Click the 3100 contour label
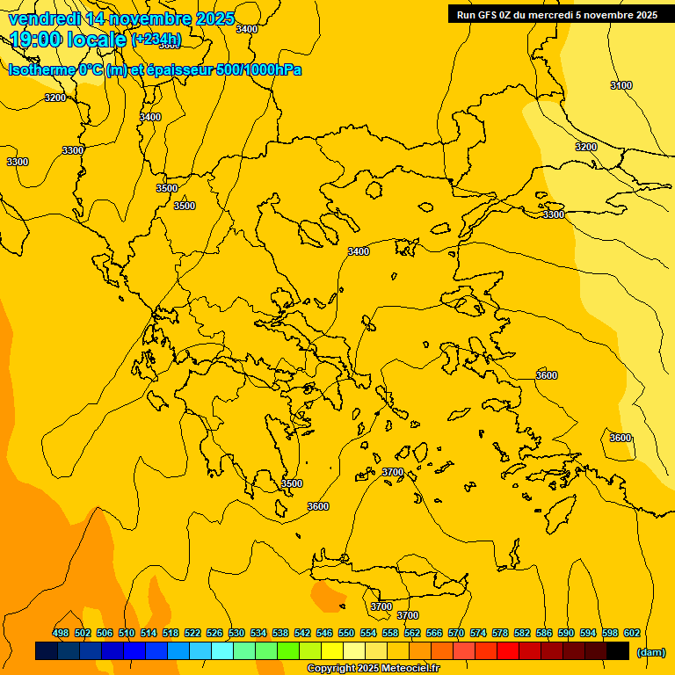tap(621, 85)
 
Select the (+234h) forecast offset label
tap(156, 39)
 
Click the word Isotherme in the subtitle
tap(40, 69)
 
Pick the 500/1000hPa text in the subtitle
tap(263, 69)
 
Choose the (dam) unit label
tap(650, 651)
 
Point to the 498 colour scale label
tap(61, 633)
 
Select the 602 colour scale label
tap(632, 633)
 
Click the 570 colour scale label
tap(456, 633)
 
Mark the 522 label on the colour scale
tap(192, 633)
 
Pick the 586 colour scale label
tap(544, 633)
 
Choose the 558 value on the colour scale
tap(390, 633)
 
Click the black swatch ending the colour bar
tap(618, 651)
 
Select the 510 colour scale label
tap(127, 633)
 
